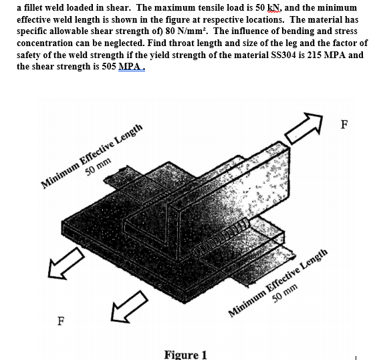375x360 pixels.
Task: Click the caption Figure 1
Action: coord(185,353)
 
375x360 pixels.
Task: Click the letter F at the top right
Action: coord(344,124)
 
